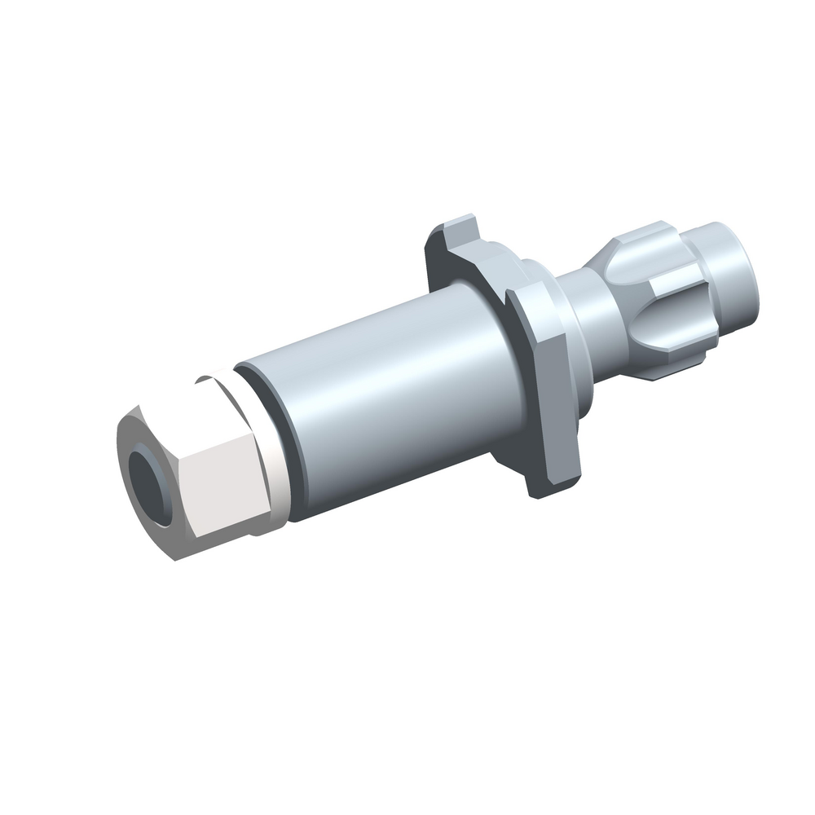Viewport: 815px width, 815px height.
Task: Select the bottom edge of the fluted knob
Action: (668, 371)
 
